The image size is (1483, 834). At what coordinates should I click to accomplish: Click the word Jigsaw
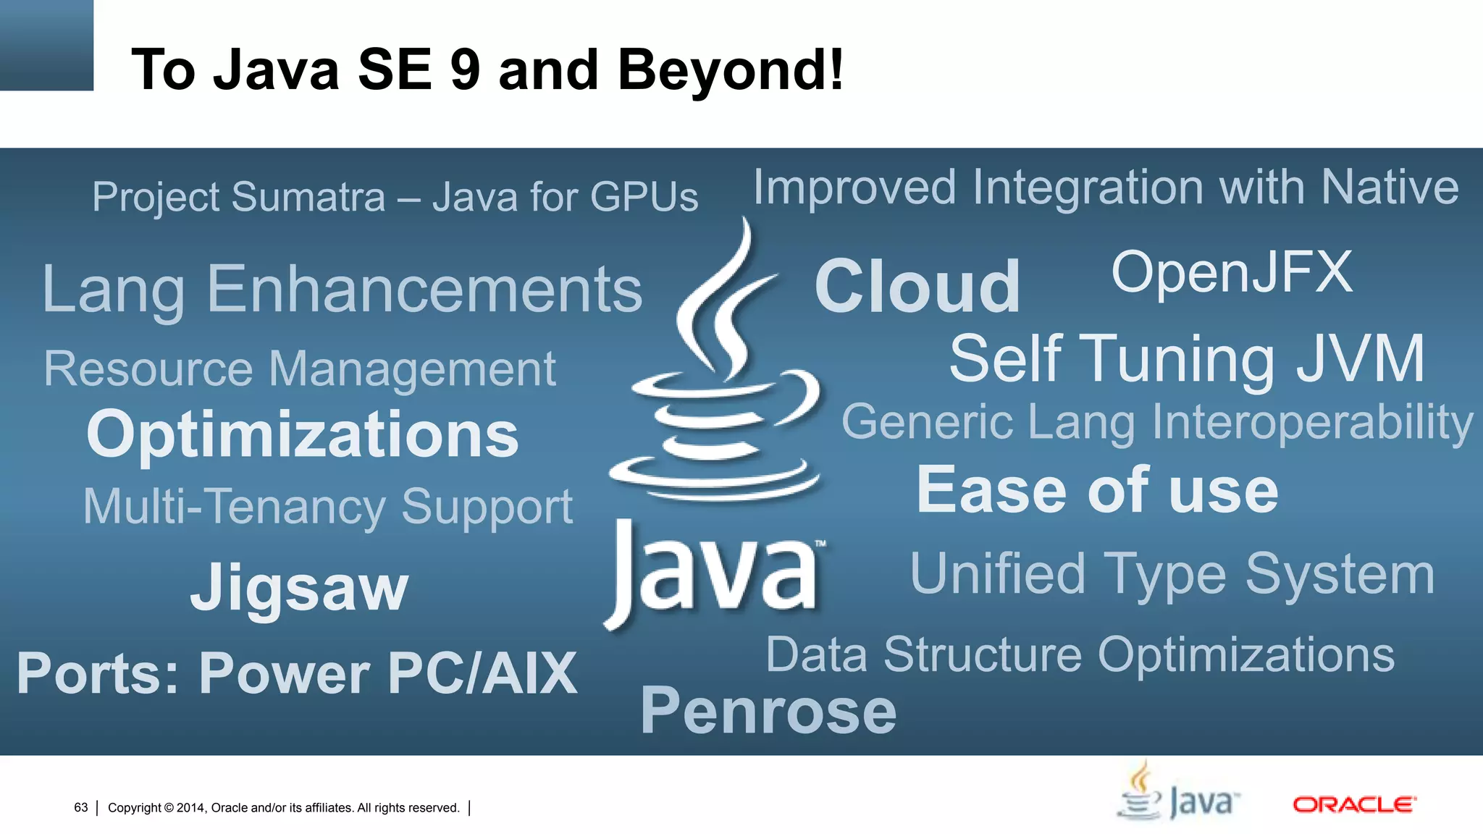click(299, 588)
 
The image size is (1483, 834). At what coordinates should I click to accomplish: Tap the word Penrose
click(768, 711)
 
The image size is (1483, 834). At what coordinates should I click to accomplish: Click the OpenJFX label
click(1232, 272)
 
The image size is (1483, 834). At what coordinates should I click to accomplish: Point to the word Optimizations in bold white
click(303, 434)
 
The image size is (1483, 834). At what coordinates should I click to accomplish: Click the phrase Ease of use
click(1097, 491)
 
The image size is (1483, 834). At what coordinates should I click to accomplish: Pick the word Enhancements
click(425, 290)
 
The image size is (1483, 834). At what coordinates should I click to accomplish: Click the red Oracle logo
click(1354, 804)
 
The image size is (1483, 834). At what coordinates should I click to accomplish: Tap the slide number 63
click(81, 808)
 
